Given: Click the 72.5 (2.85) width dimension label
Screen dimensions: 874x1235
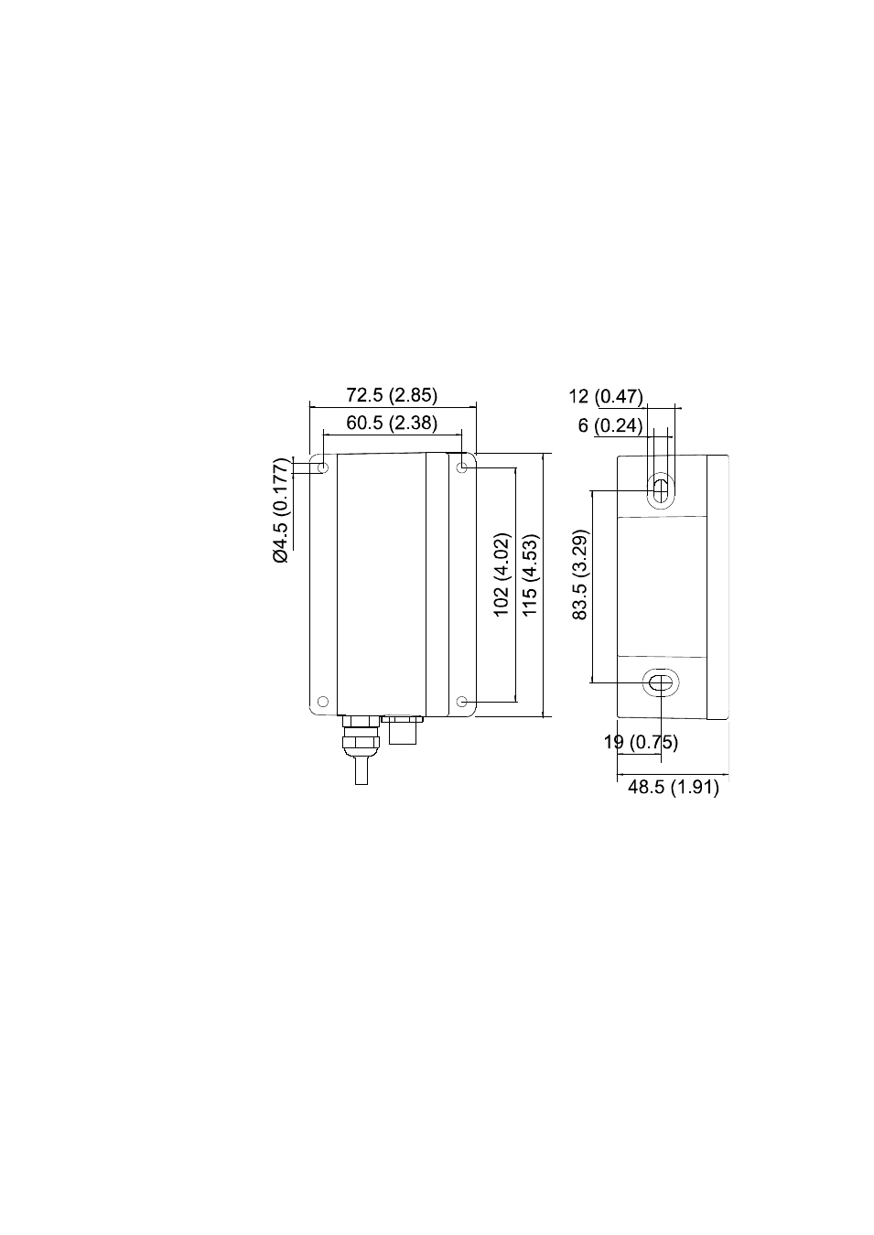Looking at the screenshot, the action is tap(392, 395).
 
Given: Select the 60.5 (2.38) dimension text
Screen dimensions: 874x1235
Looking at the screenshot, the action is tap(392, 423).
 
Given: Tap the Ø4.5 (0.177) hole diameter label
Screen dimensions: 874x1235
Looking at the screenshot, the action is tap(281, 510).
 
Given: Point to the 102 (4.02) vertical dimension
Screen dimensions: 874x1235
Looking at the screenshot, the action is tap(502, 575).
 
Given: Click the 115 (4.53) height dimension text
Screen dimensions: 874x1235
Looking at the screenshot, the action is tap(529, 575).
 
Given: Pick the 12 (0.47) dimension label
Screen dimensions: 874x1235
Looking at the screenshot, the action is tap(606, 396).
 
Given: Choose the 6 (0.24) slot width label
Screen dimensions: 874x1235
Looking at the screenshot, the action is tap(610, 425).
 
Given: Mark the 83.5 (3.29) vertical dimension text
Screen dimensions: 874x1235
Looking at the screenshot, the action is tap(580, 575).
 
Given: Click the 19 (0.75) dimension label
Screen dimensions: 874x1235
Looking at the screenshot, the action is tap(641, 742).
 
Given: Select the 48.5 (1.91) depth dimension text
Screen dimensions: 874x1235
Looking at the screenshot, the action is tap(674, 787).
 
